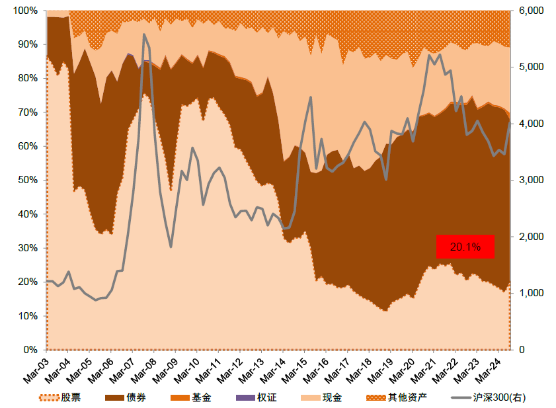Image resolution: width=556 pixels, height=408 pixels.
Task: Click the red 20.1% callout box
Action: (x=465, y=247)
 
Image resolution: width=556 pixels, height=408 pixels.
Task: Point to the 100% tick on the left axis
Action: (x=24, y=11)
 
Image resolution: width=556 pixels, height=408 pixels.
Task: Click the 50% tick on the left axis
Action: (x=27, y=180)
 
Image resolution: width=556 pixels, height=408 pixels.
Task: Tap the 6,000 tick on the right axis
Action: (x=531, y=11)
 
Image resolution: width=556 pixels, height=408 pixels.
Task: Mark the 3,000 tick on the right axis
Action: (x=531, y=180)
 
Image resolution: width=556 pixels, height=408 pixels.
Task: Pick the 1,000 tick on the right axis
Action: (x=531, y=293)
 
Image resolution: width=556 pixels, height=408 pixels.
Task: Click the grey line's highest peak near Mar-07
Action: (x=144, y=34)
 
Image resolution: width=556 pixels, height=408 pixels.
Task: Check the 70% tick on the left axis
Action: (x=27, y=112)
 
